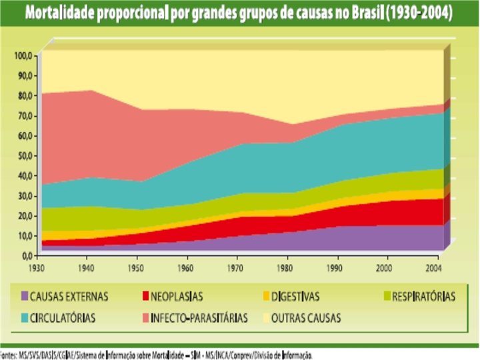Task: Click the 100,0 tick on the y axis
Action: [x=24, y=56]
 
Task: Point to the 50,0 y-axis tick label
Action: [x=25, y=155]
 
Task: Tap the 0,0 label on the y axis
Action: [x=27, y=255]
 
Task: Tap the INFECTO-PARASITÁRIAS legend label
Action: [x=199, y=318]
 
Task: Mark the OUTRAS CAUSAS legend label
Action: [x=307, y=318]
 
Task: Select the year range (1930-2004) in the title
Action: [x=415, y=13]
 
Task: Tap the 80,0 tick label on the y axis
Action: [x=25, y=96]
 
